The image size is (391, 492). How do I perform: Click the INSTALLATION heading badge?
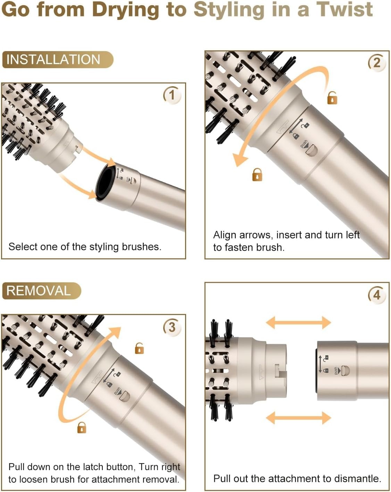[57, 60]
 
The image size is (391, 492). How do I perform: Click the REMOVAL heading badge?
[41, 291]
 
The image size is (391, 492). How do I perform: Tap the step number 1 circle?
[172, 95]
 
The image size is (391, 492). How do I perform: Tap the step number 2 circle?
[377, 63]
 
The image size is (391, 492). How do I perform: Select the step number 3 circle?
[172, 327]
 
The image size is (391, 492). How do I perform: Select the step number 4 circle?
[377, 295]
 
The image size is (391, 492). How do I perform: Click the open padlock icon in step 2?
[332, 98]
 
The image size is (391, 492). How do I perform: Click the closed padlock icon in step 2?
[257, 175]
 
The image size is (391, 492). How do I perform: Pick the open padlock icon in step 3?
[139, 348]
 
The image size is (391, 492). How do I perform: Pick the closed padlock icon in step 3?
[82, 427]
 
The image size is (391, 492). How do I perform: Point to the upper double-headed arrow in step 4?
[298, 323]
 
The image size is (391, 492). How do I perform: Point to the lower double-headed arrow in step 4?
[298, 417]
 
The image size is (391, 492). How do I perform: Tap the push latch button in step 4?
[345, 371]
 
